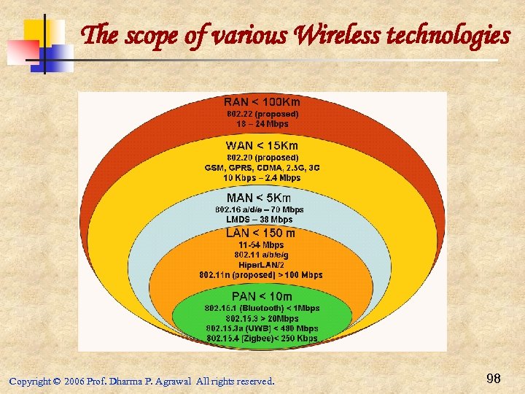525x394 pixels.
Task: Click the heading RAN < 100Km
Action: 262,102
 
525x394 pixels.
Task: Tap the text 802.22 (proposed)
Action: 262,114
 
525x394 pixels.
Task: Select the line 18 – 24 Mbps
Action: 262,124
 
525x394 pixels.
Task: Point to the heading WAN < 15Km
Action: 262,145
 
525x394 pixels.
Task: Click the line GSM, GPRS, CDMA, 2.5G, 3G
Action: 262,167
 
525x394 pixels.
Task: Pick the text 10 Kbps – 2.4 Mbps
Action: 262,177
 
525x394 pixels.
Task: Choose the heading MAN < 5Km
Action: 259,198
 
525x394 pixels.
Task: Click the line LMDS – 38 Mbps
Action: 259,219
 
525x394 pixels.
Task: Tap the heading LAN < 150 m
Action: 260,233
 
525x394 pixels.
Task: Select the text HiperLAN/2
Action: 261,265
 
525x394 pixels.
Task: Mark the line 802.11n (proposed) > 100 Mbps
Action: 261,275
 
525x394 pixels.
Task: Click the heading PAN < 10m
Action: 262,296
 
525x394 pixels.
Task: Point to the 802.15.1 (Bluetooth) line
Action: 262,309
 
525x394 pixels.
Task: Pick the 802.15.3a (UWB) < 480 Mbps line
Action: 262,328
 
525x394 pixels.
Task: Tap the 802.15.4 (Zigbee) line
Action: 262,339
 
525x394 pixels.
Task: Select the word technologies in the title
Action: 448,34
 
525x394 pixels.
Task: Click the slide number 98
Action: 494,378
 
